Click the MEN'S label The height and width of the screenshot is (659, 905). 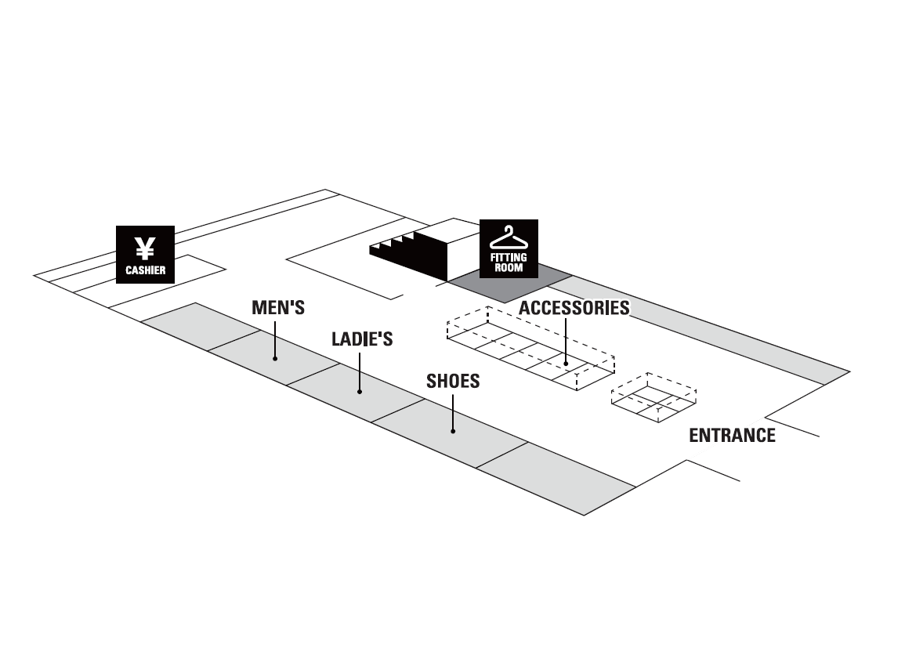[277, 307]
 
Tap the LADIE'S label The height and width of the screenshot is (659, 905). [361, 339]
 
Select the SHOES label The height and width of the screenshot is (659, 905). [452, 382]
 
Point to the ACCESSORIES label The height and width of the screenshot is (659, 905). [574, 308]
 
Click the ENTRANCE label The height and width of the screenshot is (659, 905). [732, 436]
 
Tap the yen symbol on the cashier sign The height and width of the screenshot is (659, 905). [145, 248]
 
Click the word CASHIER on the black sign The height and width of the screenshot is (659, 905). [145, 271]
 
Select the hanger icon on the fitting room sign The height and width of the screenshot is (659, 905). [509, 237]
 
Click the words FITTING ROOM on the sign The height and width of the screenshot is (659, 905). [509, 262]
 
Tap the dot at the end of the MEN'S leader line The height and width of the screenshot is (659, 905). [275, 359]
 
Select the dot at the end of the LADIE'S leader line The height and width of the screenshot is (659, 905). [360, 391]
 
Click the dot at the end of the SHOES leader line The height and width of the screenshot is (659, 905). [453, 431]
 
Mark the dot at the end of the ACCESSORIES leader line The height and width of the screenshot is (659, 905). [565, 364]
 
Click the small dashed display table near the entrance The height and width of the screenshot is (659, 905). [655, 398]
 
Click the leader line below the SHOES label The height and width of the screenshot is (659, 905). [453, 411]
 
